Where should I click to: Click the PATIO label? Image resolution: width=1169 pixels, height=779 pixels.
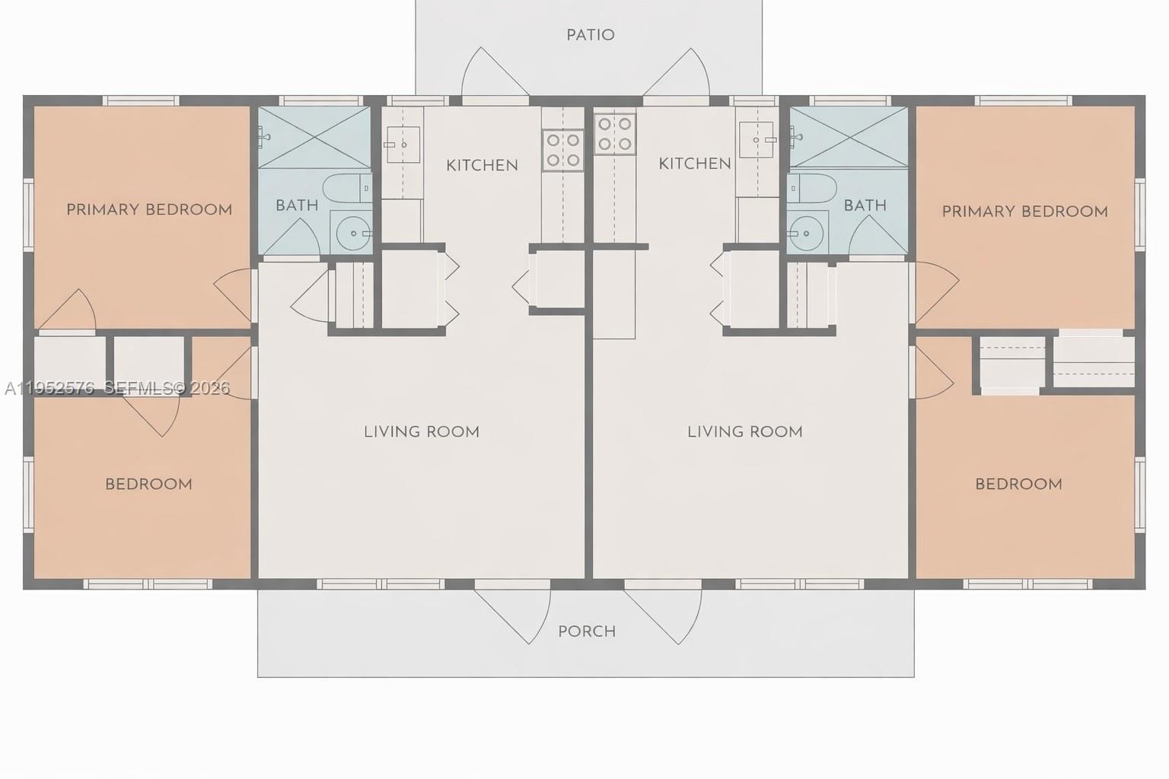[x=590, y=35]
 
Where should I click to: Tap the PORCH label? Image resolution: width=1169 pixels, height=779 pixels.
[x=587, y=631]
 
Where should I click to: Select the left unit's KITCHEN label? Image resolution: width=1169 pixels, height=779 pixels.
[x=482, y=165]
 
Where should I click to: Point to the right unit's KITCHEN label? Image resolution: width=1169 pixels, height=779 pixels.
[x=694, y=164]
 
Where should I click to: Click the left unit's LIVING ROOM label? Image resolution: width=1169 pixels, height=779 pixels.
[x=422, y=432]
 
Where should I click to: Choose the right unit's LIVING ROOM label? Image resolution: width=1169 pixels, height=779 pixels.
[x=745, y=432]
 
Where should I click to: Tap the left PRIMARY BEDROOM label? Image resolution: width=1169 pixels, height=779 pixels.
[x=149, y=210]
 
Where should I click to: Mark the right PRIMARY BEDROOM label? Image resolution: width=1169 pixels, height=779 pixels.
[x=1024, y=211]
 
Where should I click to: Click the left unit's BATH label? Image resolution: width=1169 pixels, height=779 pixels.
[x=297, y=205]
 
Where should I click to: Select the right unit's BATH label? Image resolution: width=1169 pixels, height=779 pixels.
[x=865, y=205]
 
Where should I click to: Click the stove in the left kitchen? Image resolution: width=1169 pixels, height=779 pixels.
[x=562, y=150]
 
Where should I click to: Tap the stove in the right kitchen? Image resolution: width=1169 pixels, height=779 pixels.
[x=615, y=134]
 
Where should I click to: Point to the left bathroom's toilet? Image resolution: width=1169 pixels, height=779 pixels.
[x=346, y=188]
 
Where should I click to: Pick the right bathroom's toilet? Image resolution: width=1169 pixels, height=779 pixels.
[x=812, y=188]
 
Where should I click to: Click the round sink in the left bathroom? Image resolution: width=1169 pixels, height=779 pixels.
[x=352, y=231]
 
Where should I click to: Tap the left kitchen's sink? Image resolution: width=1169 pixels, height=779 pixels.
[x=403, y=145]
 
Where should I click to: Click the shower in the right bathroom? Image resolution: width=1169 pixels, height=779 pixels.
[x=849, y=137]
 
